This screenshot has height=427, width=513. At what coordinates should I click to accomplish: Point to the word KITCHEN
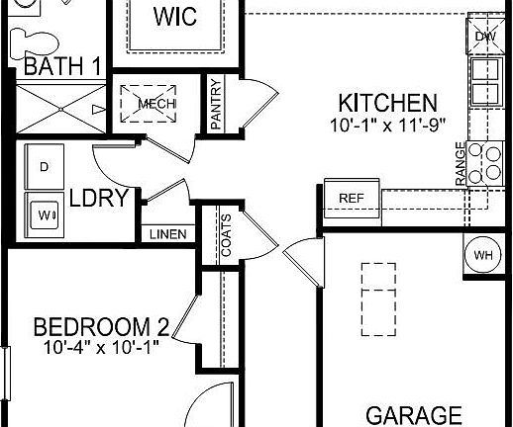click(387, 103)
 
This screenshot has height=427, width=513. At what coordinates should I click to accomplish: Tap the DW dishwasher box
click(484, 37)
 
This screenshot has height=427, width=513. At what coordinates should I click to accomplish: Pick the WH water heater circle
click(484, 256)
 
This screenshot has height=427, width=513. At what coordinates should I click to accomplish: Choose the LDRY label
click(99, 199)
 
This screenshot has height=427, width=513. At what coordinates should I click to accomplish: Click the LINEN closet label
click(164, 235)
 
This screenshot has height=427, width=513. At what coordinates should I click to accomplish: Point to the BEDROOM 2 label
click(102, 327)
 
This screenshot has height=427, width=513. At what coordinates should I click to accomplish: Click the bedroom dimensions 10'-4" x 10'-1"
click(102, 348)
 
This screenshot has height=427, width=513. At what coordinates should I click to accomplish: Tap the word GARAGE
click(415, 415)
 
